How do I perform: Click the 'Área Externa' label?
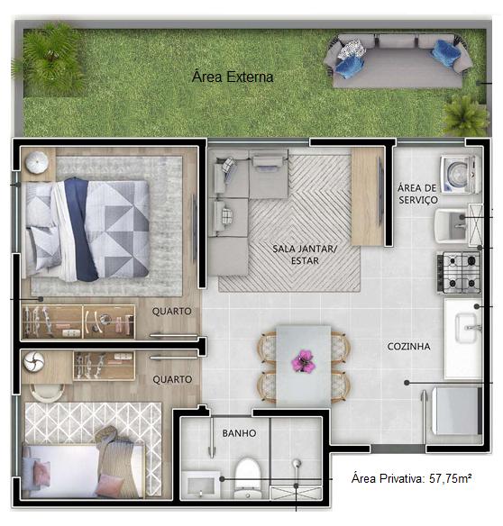(233, 77)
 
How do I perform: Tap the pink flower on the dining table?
(304, 360)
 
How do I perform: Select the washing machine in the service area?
(460, 174)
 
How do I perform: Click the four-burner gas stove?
(459, 272)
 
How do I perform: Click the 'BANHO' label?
(239, 433)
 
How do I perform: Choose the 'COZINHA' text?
(408, 346)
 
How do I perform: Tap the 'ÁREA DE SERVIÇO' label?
(417, 194)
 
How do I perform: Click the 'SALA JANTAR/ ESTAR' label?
(305, 255)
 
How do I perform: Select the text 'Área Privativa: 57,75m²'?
(411, 478)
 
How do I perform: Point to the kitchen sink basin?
(466, 328)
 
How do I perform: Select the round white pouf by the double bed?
(37, 162)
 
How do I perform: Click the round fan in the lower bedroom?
(33, 362)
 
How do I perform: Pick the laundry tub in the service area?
(452, 226)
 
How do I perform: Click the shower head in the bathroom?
(296, 464)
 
